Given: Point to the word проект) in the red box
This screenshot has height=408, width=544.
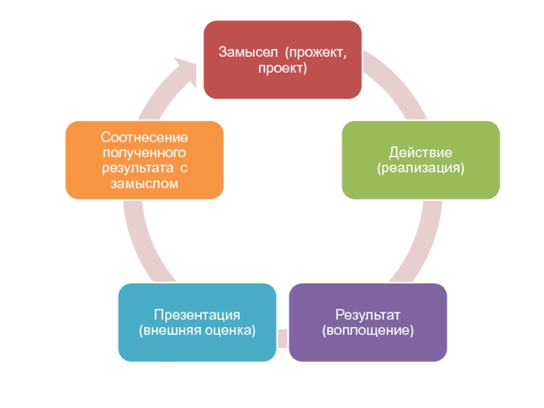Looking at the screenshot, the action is tap(282, 68).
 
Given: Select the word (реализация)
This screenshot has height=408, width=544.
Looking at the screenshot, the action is tap(420, 167).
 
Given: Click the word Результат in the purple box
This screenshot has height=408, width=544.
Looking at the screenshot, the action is tap(368, 315).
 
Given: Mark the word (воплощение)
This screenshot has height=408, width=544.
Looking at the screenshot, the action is tap(368, 330).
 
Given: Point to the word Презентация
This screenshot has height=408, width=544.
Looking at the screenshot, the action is tap(197, 315).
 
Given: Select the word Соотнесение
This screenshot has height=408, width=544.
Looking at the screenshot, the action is tap(144, 138).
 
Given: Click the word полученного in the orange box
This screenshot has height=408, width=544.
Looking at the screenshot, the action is tap(144, 153).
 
